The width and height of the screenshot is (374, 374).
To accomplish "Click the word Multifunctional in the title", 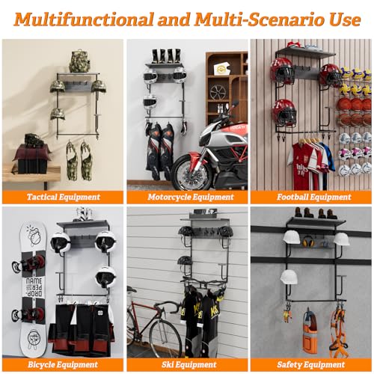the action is point(84,19).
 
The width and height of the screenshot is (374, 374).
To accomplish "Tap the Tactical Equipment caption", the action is point(64,197).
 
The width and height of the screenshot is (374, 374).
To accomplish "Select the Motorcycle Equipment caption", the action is point(191,197).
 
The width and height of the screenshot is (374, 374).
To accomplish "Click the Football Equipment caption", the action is point(314,197).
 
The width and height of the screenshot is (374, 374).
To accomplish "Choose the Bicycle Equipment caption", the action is point(63,364).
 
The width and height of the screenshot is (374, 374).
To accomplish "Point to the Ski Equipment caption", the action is point(188,364).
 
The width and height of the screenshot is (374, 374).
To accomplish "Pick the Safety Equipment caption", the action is point(311,364).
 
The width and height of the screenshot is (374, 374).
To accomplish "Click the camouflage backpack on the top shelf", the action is point(79,61).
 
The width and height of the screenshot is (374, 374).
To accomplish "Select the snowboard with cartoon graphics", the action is point(32,289).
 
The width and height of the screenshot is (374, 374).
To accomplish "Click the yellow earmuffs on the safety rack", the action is point(307,242).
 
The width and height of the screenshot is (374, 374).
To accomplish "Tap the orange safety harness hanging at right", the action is point(338,329).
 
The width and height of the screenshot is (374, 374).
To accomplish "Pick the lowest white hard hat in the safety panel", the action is point(289,277).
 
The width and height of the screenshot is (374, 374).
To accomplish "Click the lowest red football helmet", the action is point(284,112).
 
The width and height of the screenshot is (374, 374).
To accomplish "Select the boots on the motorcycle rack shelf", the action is point(167,56).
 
